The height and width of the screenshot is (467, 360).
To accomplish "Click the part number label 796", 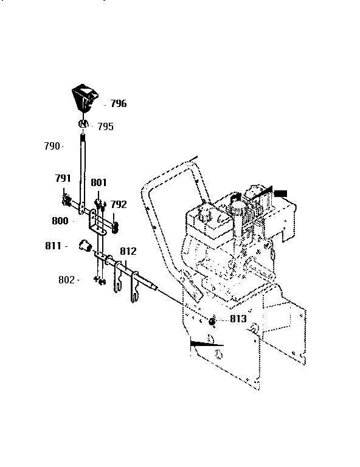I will pyautogui.click(x=118, y=104).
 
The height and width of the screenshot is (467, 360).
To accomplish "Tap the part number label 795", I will pyautogui.click(x=105, y=127).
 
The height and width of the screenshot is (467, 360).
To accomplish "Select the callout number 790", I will pyautogui.click(x=52, y=146).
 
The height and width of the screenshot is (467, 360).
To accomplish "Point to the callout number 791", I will pyautogui.click(x=63, y=179).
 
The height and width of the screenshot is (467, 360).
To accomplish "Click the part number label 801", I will pyautogui.click(x=99, y=182).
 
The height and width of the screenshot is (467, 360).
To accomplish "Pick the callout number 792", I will pyautogui.click(x=118, y=205).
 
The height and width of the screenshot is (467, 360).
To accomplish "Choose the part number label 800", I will pyautogui.click(x=60, y=221).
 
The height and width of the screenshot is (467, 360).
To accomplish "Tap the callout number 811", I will pyautogui.click(x=53, y=246).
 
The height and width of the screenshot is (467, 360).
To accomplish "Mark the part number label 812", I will pyautogui.click(x=128, y=251).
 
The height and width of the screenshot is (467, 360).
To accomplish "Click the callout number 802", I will pyautogui.click(x=67, y=280).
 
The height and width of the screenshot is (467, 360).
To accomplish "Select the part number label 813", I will pyautogui.click(x=238, y=319).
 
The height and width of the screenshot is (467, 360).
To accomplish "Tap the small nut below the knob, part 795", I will pyautogui.click(x=83, y=125).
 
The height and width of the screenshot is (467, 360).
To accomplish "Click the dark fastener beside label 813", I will pyautogui.click(x=213, y=321).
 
